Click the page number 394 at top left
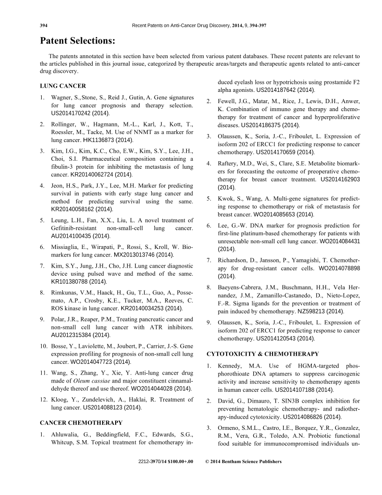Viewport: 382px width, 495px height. coord(45,25)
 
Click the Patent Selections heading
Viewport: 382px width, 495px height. coord(77,41)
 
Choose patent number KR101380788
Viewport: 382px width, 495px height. coord(69,281)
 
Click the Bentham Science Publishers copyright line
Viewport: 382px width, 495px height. coord(243,462)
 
